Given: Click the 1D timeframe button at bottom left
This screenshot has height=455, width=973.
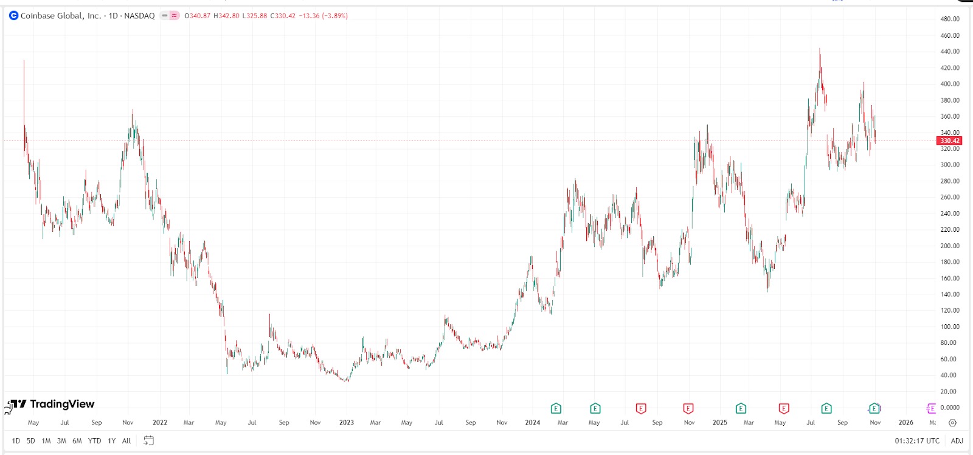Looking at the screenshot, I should point(16,440).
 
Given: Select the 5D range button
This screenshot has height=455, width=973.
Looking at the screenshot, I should point(30,440).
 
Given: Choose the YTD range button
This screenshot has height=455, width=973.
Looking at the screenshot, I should point(94,440).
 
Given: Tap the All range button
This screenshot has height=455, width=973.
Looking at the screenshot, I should point(126,440).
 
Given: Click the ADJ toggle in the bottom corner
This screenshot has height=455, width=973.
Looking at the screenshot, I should point(957,440).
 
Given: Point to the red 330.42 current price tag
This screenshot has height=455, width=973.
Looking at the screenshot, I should point(949,141).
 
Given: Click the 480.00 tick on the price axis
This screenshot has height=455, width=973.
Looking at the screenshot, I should point(949,19).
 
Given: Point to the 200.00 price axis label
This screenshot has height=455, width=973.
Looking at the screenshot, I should point(949,246).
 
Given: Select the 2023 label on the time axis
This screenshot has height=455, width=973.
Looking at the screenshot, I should point(346,422).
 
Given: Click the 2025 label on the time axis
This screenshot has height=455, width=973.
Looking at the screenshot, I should point(719,422).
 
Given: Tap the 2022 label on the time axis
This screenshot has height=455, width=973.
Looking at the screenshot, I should point(159,422).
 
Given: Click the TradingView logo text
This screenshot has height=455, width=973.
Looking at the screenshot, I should point(62,404).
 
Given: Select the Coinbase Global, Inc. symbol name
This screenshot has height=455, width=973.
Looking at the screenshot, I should point(61,16).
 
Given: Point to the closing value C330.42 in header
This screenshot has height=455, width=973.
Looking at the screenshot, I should point(283,16).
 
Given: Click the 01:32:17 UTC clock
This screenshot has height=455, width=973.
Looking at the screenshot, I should point(916,440).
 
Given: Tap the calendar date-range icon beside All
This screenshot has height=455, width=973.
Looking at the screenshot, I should point(148,440).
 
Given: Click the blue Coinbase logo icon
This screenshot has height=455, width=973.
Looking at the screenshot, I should point(13,16).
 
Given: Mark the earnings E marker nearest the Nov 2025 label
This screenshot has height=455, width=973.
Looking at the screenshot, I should point(874,408).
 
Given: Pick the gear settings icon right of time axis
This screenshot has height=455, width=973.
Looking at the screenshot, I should point(952,422).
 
